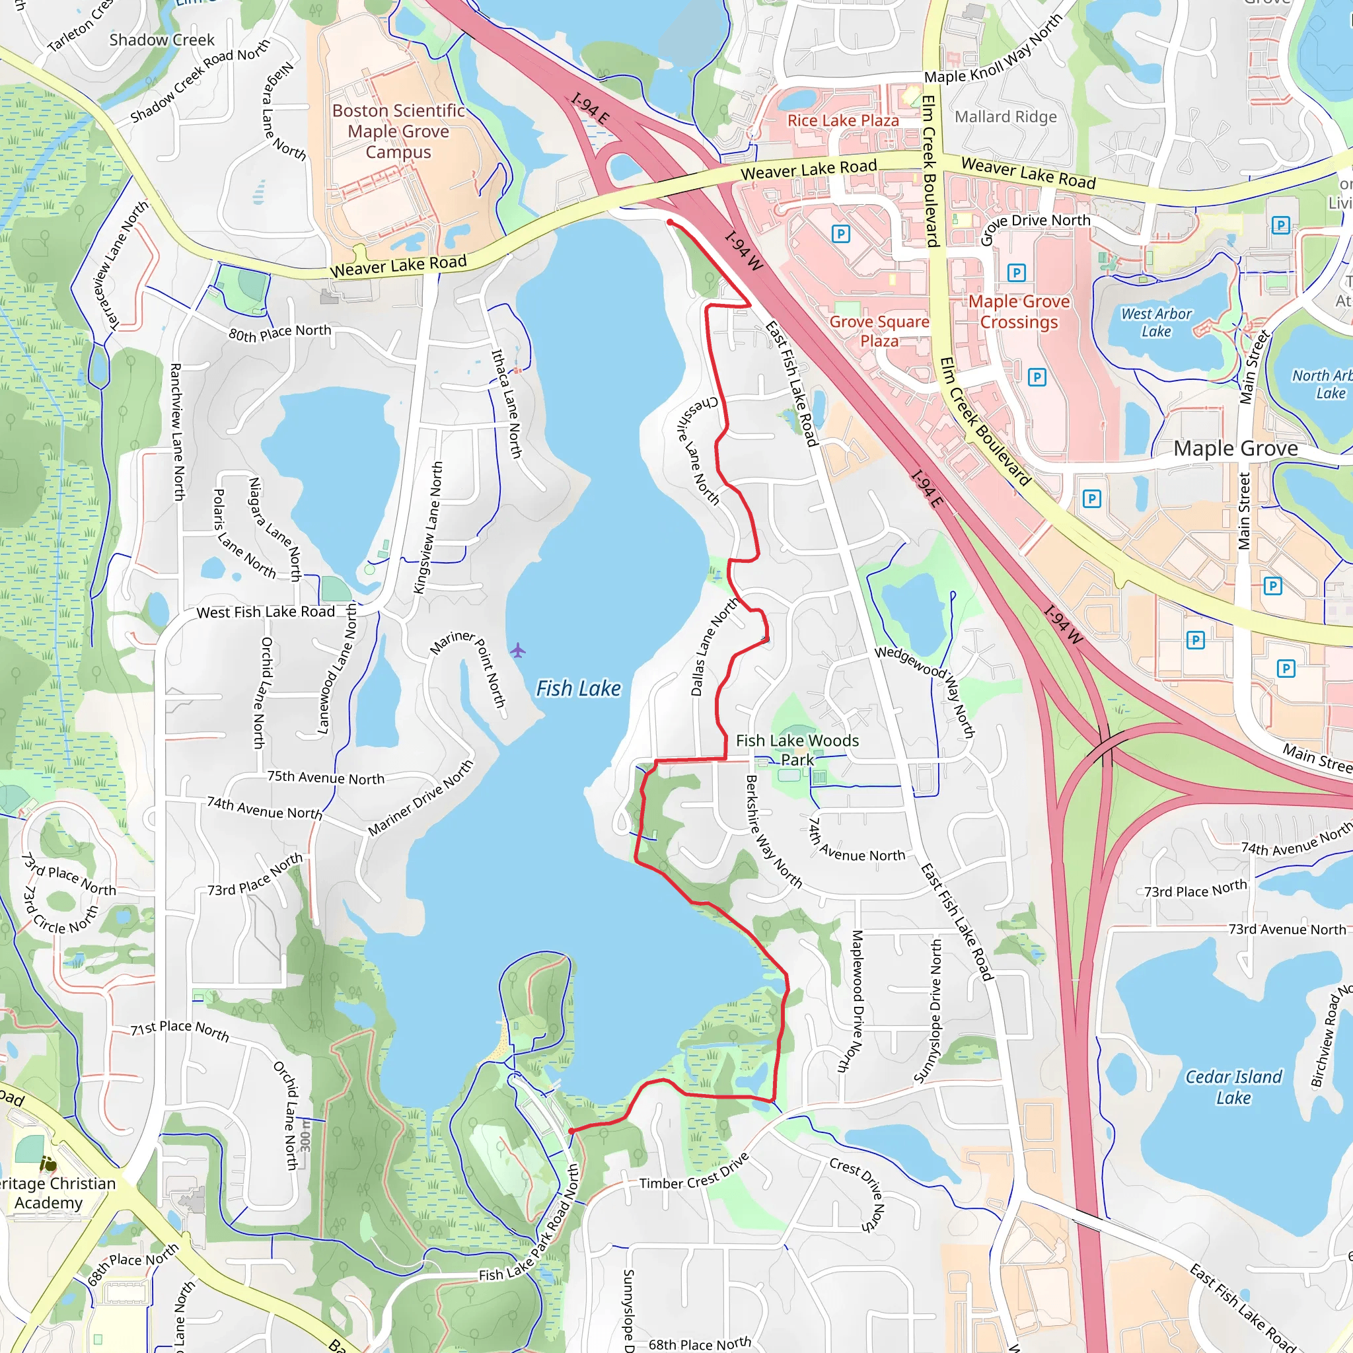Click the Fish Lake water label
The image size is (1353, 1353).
579,689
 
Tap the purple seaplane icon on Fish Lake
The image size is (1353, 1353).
517,651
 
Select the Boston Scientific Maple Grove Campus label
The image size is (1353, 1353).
398,131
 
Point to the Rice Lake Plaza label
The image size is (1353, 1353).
843,120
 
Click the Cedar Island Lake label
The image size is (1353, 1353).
1233,1087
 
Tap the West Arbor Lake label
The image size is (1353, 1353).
1156,323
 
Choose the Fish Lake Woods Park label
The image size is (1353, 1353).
797,750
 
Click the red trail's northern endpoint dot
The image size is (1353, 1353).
670,222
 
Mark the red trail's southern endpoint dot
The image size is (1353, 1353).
571,1131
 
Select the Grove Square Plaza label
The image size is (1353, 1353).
879,331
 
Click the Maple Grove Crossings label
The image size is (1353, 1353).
1019,312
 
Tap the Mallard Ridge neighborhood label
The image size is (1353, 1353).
1006,117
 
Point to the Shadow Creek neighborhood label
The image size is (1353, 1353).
162,40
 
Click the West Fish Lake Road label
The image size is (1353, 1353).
266,612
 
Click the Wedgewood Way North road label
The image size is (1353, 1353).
926,690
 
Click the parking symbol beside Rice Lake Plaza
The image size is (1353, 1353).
840,234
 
